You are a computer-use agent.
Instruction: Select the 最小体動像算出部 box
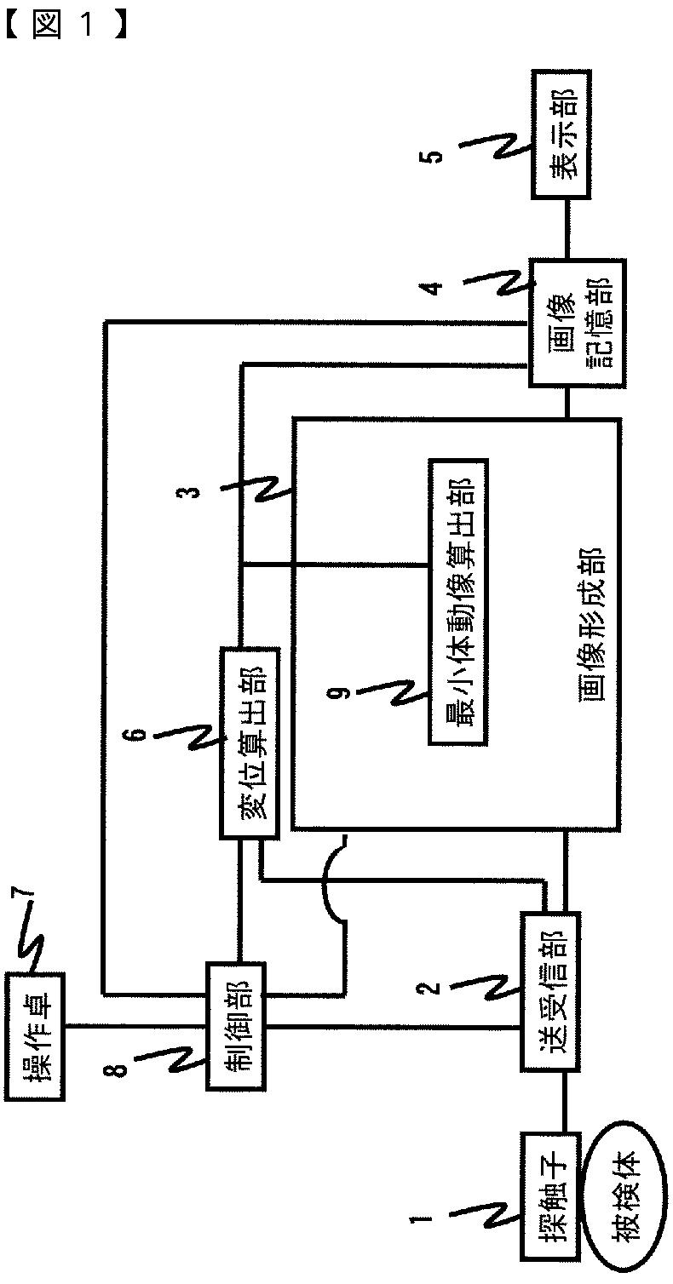(x=457, y=603)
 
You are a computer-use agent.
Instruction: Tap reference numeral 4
(x=435, y=287)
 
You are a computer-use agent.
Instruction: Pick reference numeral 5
(x=435, y=156)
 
